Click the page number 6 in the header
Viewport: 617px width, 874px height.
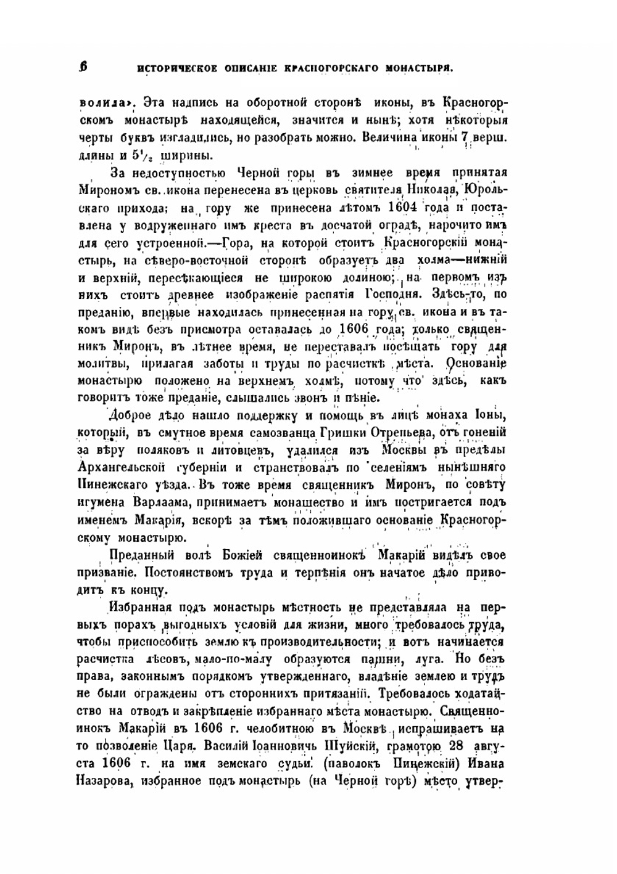pyautogui.click(x=84, y=67)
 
